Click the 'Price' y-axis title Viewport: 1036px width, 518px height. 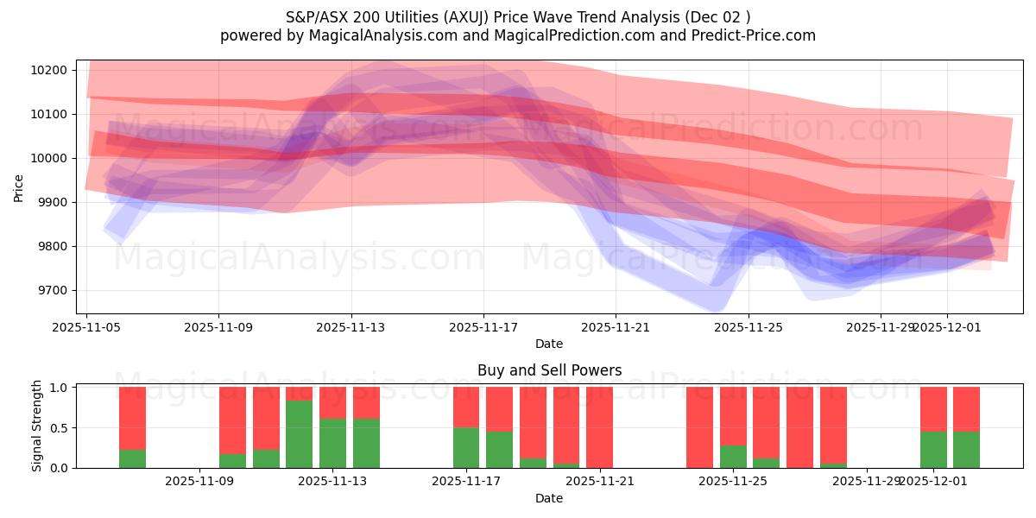(19, 186)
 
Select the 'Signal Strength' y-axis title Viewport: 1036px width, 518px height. (37, 426)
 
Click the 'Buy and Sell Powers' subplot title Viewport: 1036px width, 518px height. (549, 370)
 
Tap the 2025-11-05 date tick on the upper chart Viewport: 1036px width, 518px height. (86, 327)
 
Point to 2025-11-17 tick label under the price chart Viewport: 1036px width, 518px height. (483, 327)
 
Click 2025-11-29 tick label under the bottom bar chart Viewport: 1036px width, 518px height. (866, 481)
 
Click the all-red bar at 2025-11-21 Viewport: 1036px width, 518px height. (599, 427)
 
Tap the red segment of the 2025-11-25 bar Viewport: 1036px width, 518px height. (733, 415)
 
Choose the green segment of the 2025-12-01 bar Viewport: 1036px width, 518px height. (933, 449)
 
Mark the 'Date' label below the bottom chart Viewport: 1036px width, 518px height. (549, 498)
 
